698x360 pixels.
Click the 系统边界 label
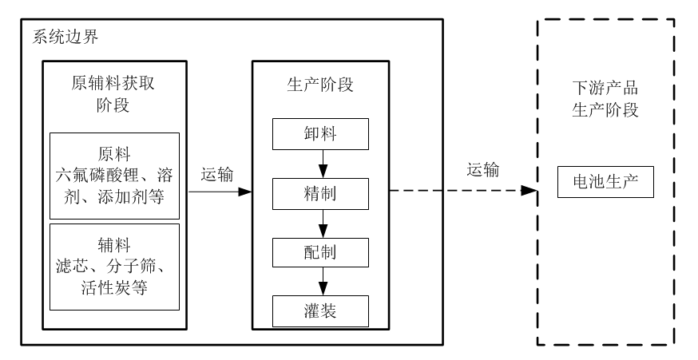pyautogui.click(x=65, y=37)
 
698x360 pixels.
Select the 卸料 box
pyautogui.click(x=320, y=133)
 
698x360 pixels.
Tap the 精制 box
pyautogui.click(x=320, y=193)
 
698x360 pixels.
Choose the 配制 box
pyautogui.click(x=320, y=251)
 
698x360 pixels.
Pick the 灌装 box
pyautogui.click(x=320, y=310)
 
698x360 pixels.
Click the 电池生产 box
pyautogui.click(x=605, y=184)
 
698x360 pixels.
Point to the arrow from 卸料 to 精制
pyautogui.click(x=320, y=164)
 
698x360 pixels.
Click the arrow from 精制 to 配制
pyautogui.click(x=320, y=222)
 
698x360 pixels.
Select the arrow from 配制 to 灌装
pyautogui.click(x=320, y=281)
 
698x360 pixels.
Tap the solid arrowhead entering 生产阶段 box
pyautogui.click(x=246, y=192)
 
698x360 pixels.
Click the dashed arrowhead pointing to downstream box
pyautogui.click(x=529, y=191)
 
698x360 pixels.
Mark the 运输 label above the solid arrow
pyautogui.click(x=217, y=175)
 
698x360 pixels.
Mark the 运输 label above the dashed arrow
pyautogui.click(x=484, y=169)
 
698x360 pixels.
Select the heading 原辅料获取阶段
pyautogui.click(x=114, y=94)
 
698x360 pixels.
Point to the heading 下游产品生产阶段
pyautogui.click(x=605, y=98)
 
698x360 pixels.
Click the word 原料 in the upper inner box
pyautogui.click(x=113, y=152)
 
